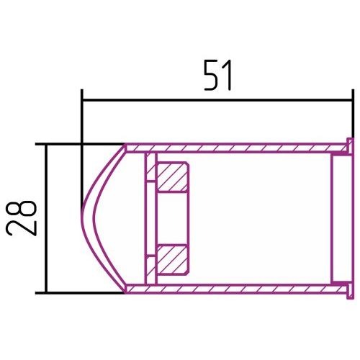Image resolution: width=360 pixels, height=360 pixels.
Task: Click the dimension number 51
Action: click(217, 76)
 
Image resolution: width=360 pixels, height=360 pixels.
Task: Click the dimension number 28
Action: click(21, 218)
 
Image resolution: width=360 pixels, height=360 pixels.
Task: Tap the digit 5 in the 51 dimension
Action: click(211, 76)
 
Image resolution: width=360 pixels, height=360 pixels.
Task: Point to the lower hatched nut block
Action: click(172, 260)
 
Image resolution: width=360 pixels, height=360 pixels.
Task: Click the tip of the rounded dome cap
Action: click(81, 215)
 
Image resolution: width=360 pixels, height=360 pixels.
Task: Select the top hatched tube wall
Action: click(235, 148)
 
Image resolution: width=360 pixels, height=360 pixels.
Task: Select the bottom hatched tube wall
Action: click(235, 289)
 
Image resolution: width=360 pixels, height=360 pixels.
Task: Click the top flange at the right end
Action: click(351, 147)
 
